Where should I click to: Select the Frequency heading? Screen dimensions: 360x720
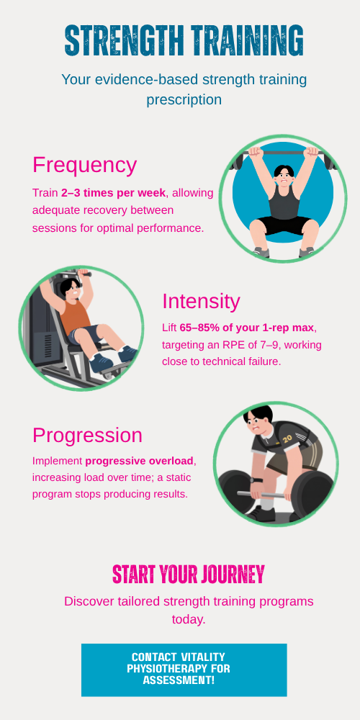tap(84, 165)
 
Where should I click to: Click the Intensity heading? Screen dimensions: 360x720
tap(201, 301)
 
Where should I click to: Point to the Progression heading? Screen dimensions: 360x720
tap(87, 436)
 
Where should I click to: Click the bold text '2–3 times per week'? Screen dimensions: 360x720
tap(114, 193)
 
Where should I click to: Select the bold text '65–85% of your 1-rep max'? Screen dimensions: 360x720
tap(247, 328)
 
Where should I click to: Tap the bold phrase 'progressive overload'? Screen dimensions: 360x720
tap(140, 461)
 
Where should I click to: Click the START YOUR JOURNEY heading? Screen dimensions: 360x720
tap(189, 574)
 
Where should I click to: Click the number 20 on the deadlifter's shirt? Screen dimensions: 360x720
tap(287, 438)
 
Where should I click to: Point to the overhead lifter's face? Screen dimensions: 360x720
tap(284, 176)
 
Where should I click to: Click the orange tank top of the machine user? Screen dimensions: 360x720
tap(76, 316)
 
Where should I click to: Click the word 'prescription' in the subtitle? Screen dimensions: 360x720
tap(184, 99)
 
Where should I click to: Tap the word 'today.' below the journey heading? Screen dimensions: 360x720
tap(189, 619)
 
